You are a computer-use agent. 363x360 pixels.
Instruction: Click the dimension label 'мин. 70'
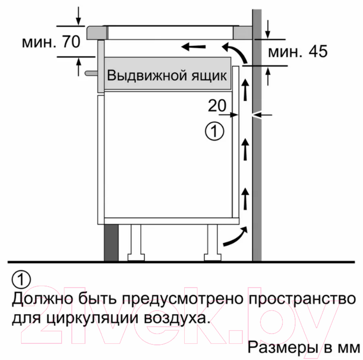[x=51, y=42]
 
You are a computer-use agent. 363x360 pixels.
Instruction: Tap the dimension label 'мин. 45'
[x=298, y=51]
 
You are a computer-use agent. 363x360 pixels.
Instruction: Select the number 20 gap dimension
[x=217, y=106]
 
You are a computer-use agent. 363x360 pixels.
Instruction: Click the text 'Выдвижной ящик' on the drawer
[x=167, y=75]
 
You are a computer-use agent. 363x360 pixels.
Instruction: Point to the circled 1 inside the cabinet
[x=214, y=131]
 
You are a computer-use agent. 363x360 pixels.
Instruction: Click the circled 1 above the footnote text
[x=21, y=279]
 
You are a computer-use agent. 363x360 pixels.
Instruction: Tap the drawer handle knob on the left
[x=91, y=73]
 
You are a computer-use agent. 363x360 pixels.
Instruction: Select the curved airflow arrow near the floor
[x=235, y=237]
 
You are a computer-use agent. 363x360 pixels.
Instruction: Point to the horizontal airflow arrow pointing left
[x=193, y=47]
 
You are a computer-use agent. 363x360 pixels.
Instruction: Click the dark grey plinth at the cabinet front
[x=111, y=243]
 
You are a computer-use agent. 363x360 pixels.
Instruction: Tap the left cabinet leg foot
[x=136, y=257]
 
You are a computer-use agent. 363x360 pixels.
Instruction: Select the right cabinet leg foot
[x=213, y=257]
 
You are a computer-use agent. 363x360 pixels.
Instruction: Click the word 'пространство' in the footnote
[x=302, y=299]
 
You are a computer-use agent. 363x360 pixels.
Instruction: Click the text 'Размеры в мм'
[x=304, y=347]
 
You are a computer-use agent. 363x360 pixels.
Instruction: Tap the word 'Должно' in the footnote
[x=43, y=298]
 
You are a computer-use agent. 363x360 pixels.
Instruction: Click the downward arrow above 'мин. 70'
[x=79, y=16]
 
